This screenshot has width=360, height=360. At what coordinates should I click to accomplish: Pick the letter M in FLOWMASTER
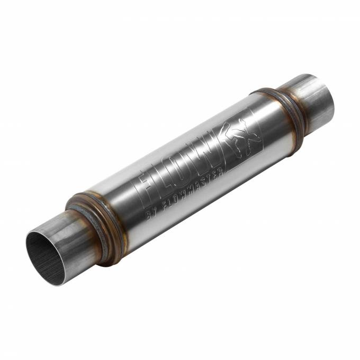187,195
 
